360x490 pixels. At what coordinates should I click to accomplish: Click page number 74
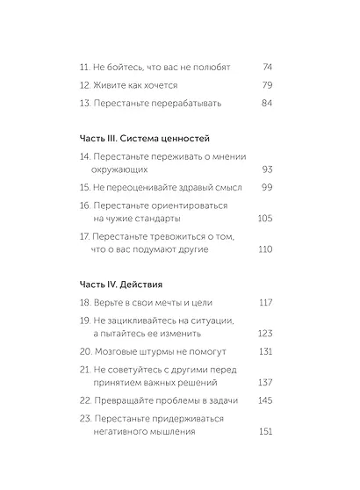(267, 66)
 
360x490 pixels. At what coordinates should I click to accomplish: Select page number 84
(267, 103)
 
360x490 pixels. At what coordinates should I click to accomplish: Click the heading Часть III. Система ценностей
(138, 138)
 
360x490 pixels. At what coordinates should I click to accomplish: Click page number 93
(267, 169)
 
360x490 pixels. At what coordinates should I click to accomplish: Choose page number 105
(265, 218)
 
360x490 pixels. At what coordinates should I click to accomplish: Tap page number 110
(265, 249)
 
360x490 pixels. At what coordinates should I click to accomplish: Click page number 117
(265, 303)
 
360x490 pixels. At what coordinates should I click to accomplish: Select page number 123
(265, 334)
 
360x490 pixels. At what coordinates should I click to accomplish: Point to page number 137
(265, 382)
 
